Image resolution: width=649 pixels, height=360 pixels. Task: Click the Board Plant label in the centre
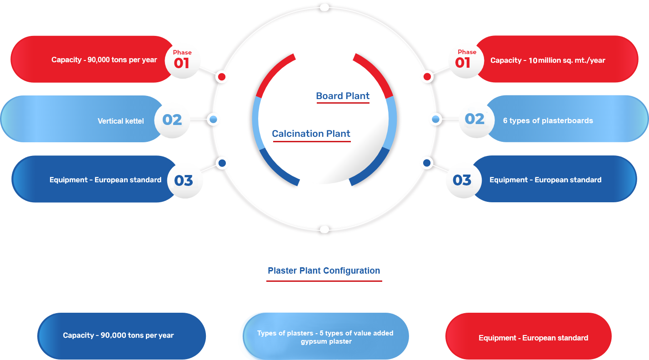coord(343,96)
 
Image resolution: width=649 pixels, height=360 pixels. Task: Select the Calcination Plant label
coord(311,134)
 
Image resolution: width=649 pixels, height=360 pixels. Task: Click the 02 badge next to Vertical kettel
coord(172,120)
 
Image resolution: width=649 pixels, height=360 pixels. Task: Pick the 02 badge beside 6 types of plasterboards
coord(474,119)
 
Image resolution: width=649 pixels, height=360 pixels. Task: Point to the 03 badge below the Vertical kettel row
coord(184,180)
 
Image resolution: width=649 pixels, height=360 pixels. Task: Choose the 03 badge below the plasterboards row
coord(462,180)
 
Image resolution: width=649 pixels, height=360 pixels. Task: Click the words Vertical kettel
coord(121,121)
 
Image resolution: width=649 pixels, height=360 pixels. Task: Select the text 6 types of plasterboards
coord(548,120)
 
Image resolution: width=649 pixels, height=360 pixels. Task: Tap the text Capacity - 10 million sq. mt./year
coord(548,60)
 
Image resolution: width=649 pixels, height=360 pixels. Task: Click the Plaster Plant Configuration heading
coord(324,270)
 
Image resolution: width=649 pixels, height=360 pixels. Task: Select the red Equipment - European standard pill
coord(529,337)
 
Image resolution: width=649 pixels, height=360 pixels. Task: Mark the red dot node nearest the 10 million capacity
coord(427,77)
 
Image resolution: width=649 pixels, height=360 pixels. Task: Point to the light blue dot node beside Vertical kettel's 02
coord(213,120)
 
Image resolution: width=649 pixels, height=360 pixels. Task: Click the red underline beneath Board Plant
coord(343,103)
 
